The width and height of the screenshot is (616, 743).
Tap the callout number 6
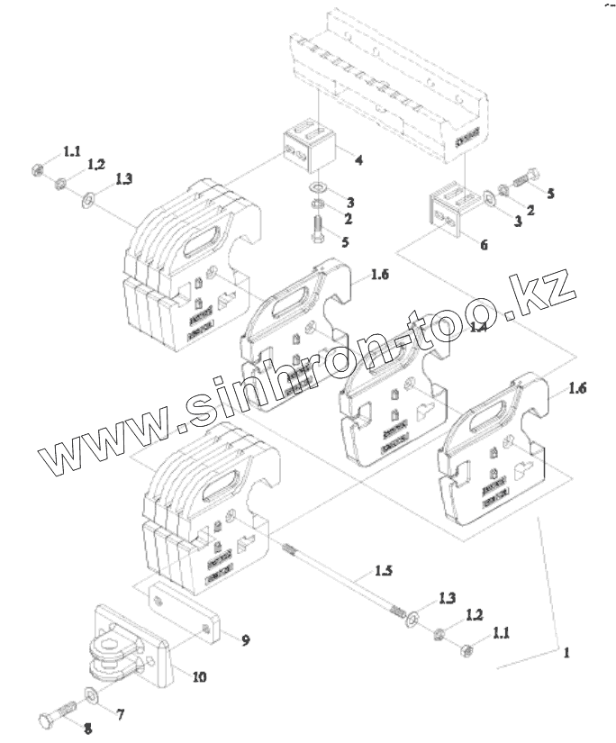(483, 244)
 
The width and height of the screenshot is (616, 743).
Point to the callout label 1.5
(384, 571)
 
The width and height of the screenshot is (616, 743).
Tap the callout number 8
(87, 728)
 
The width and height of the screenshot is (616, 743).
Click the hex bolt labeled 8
(57, 717)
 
